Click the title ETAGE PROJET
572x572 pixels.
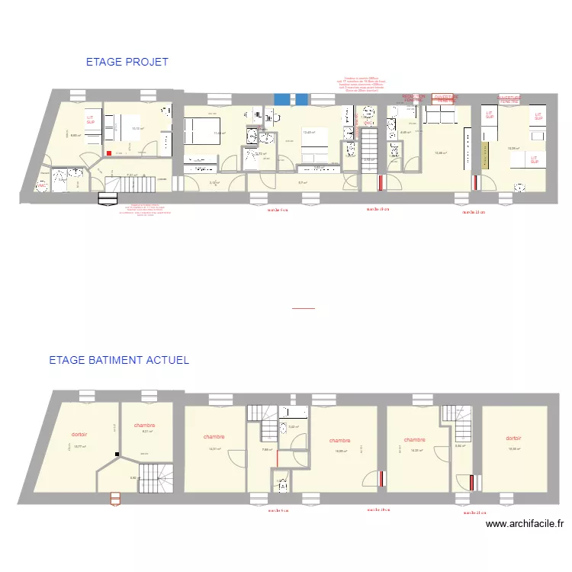click(127, 62)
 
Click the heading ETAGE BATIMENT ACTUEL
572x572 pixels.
click(118, 360)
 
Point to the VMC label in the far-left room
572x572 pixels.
click(42, 185)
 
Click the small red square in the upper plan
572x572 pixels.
click(109, 153)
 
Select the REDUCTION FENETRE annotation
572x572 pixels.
click(415, 98)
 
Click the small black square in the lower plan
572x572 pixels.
click(117, 455)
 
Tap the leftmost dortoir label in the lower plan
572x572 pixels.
click(79, 434)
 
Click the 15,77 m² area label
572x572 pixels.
click(79, 447)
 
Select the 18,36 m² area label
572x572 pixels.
click(514, 448)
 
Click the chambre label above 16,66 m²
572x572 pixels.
click(339, 441)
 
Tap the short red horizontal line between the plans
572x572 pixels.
click(303, 308)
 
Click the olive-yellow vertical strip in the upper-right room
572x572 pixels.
click(484, 156)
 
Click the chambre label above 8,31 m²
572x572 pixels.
click(144, 426)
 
